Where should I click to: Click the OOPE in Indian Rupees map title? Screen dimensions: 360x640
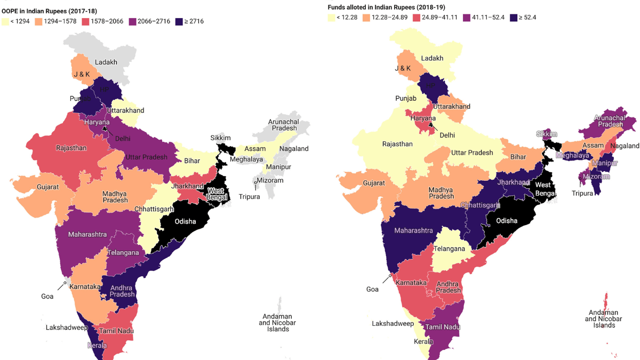coord(52,11)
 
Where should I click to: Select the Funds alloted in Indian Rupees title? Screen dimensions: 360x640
coord(386,7)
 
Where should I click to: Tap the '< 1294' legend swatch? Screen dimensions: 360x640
coord(5,21)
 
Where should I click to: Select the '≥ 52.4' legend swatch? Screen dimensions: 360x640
coord(514,18)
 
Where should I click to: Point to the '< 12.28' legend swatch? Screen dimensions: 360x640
coord(331,18)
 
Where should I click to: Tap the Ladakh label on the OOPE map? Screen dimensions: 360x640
coord(106,62)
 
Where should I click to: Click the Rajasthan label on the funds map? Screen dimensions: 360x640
coord(397,144)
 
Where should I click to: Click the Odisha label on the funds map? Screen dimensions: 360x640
coord(507,220)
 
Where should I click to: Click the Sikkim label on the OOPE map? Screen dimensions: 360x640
coord(220,138)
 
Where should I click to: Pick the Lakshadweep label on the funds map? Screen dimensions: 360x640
coord(393,324)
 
